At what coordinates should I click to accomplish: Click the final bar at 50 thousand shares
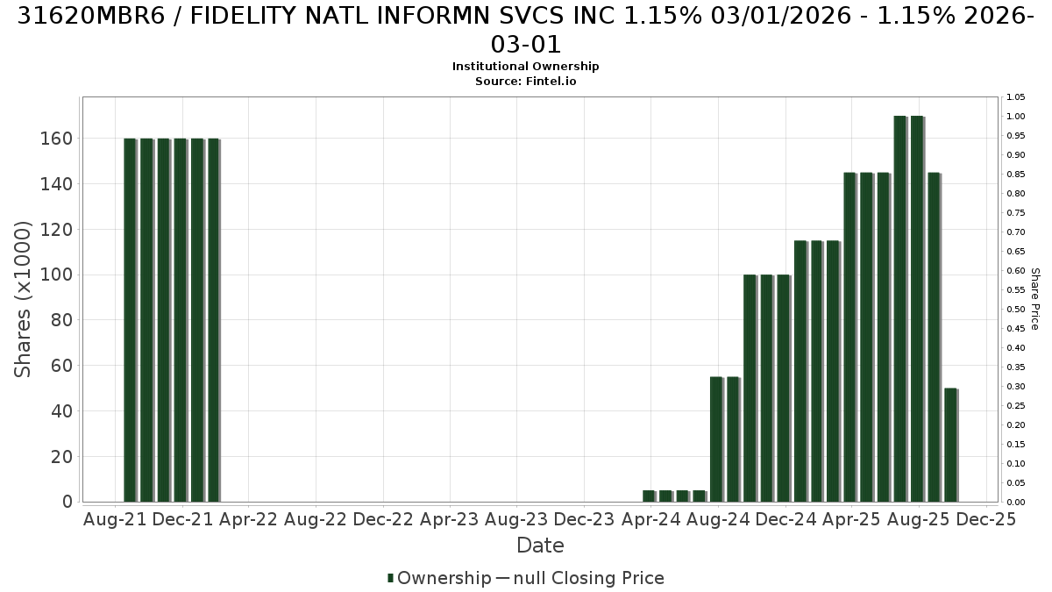[x=950, y=445]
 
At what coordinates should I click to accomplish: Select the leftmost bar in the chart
[x=130, y=320]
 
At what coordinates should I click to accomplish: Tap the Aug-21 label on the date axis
[x=115, y=519]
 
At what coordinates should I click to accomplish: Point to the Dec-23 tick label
[x=584, y=519]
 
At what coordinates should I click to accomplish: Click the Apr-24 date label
[x=650, y=519]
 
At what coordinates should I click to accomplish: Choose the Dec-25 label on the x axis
[x=985, y=519]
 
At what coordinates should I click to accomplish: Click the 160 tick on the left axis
[x=56, y=139]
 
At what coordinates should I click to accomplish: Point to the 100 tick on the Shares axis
[x=56, y=275]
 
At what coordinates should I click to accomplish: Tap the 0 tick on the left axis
[x=68, y=502]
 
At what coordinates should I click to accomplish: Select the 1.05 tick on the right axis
[x=1015, y=97]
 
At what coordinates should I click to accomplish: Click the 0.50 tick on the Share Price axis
[x=1015, y=309]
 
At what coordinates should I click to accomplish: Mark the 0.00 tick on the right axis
[x=1015, y=503]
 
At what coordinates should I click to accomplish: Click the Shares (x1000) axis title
[x=22, y=299]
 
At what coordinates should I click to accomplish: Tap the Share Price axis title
[x=1035, y=299]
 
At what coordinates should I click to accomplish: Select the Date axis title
[x=540, y=546]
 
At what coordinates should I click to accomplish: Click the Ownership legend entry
[x=439, y=578]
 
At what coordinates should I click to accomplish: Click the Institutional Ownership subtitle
[x=525, y=67]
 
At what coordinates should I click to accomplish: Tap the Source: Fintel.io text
[x=525, y=82]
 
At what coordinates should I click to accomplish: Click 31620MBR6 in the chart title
[x=91, y=16]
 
